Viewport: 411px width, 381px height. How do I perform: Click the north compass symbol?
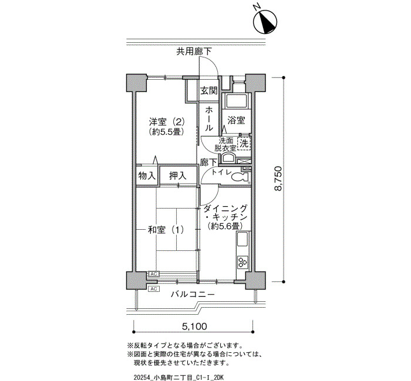coord(265,22)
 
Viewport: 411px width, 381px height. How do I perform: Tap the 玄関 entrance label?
coord(209,91)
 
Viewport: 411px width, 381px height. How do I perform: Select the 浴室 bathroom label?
coord(236,120)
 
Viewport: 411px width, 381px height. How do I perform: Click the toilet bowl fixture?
coord(240,178)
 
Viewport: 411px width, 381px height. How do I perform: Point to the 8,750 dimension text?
coord(278,178)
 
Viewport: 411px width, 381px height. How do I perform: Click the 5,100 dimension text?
coord(194,326)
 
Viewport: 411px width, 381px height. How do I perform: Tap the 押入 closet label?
coord(178,176)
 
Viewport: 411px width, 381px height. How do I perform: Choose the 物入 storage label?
coord(147,176)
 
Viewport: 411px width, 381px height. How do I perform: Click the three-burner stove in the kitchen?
coord(242,261)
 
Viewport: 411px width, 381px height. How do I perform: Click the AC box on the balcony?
coord(154,289)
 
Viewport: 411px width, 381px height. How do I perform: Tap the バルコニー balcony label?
coord(193,294)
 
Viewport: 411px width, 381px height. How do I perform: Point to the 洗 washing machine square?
coord(244,144)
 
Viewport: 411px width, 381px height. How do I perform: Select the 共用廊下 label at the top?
coord(194,52)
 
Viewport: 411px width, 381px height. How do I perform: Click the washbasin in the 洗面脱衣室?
coord(228,158)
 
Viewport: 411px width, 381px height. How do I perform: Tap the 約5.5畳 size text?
coord(166,132)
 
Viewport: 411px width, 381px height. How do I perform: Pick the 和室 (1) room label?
coord(166,230)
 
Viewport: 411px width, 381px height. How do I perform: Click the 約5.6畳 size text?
coord(224,226)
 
